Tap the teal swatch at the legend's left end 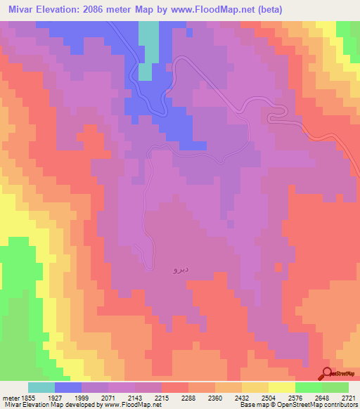pyautogui.click(x=41, y=387)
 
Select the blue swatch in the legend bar pyautogui.click(x=68, y=387)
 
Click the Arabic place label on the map pyautogui.click(x=179, y=268)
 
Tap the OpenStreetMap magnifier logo pyautogui.click(x=328, y=373)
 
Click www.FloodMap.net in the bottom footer pyautogui.click(x=129, y=405)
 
